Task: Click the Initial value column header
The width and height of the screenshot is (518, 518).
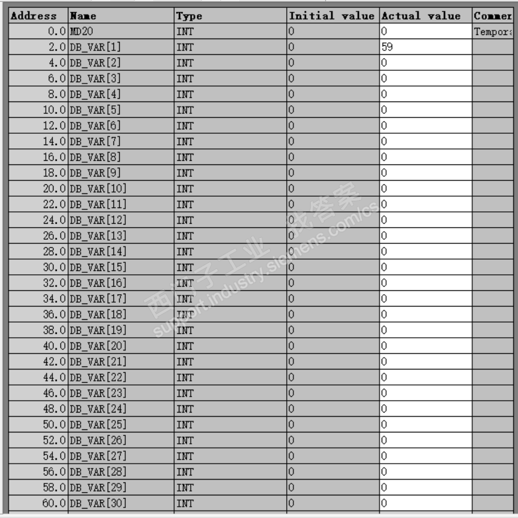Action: tap(332, 16)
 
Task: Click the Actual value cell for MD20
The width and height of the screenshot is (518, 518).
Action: tap(425, 31)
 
